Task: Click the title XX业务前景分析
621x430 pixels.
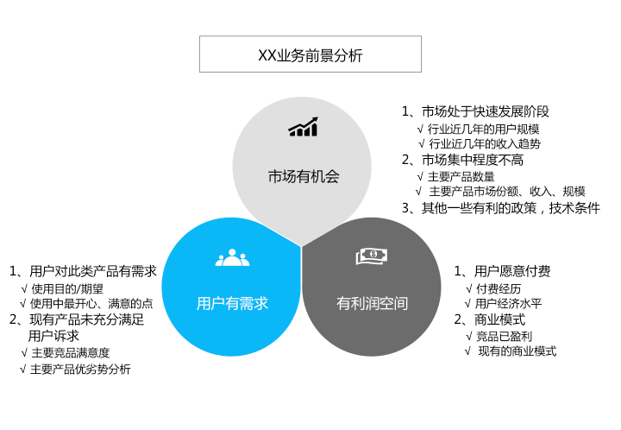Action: [x=310, y=55]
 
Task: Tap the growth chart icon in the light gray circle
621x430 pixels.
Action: [x=303, y=127]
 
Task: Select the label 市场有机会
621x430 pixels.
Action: [x=304, y=176]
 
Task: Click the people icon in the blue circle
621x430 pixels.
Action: [x=233, y=257]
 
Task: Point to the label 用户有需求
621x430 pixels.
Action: [x=233, y=304]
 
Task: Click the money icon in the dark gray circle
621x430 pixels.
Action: [x=372, y=256]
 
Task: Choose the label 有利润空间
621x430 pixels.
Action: [x=372, y=304]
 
